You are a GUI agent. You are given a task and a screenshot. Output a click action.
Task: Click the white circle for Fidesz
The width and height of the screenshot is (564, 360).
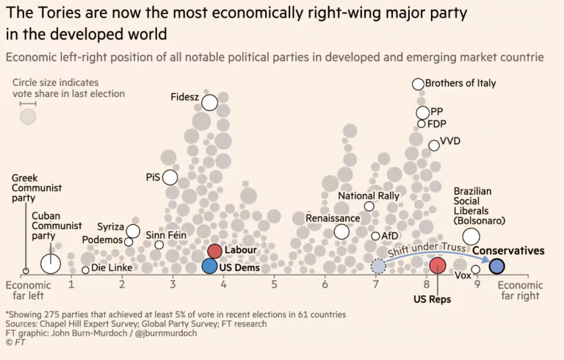point(210,102)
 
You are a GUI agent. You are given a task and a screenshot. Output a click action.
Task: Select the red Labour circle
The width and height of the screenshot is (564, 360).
point(214,251)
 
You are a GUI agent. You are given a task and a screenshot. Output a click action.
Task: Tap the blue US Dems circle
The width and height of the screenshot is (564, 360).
point(210,266)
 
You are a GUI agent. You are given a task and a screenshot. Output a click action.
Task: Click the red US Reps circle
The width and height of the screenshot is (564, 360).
point(438,266)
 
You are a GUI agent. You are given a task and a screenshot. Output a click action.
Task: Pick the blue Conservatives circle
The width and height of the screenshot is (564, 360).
point(496,266)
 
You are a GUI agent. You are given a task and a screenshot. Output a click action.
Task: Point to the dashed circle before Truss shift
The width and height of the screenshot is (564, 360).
point(378,266)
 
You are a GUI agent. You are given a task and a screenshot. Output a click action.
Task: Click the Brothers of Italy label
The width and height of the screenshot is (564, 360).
point(460,84)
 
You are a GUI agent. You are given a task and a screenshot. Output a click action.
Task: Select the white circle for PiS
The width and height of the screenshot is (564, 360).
point(170,177)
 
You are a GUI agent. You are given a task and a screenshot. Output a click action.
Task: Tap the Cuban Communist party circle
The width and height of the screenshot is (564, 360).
point(50,264)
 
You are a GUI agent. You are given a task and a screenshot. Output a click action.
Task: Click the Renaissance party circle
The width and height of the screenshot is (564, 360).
point(341,232)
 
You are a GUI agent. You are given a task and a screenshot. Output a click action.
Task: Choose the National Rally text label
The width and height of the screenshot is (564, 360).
point(369,196)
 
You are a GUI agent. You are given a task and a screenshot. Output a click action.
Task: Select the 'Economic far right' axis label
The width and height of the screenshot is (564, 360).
point(520,290)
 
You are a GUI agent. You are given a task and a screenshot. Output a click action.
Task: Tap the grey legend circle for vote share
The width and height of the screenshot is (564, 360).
point(28,117)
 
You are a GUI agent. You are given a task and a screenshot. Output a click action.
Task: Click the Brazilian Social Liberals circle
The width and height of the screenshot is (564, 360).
point(471,237)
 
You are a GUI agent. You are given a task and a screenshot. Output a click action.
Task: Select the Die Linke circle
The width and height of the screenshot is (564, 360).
point(85,270)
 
